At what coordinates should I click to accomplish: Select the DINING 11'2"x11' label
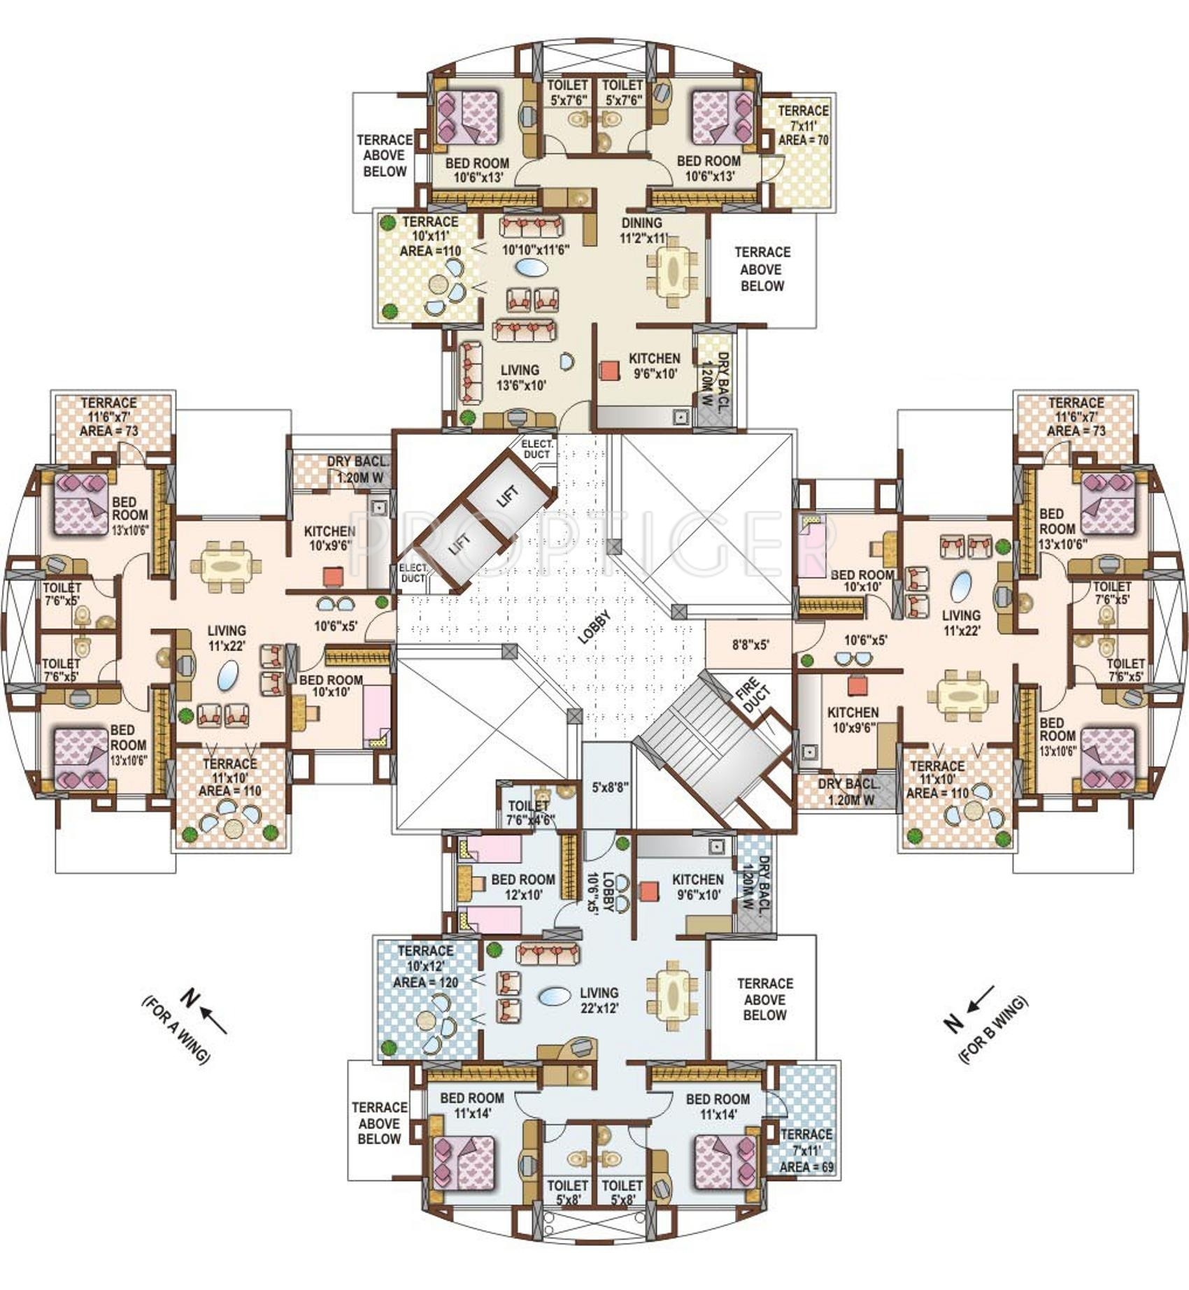pos(644,230)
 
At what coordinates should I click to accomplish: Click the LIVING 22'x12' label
pos(599,1000)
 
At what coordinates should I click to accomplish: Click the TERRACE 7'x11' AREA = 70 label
pos(803,125)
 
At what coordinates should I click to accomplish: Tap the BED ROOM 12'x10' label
pos(523,887)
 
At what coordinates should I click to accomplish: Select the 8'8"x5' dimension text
pos(751,645)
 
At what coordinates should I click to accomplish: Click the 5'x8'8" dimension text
pos(610,787)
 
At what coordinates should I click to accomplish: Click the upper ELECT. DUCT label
pos(537,450)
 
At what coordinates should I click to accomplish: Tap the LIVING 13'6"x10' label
pos(521,378)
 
